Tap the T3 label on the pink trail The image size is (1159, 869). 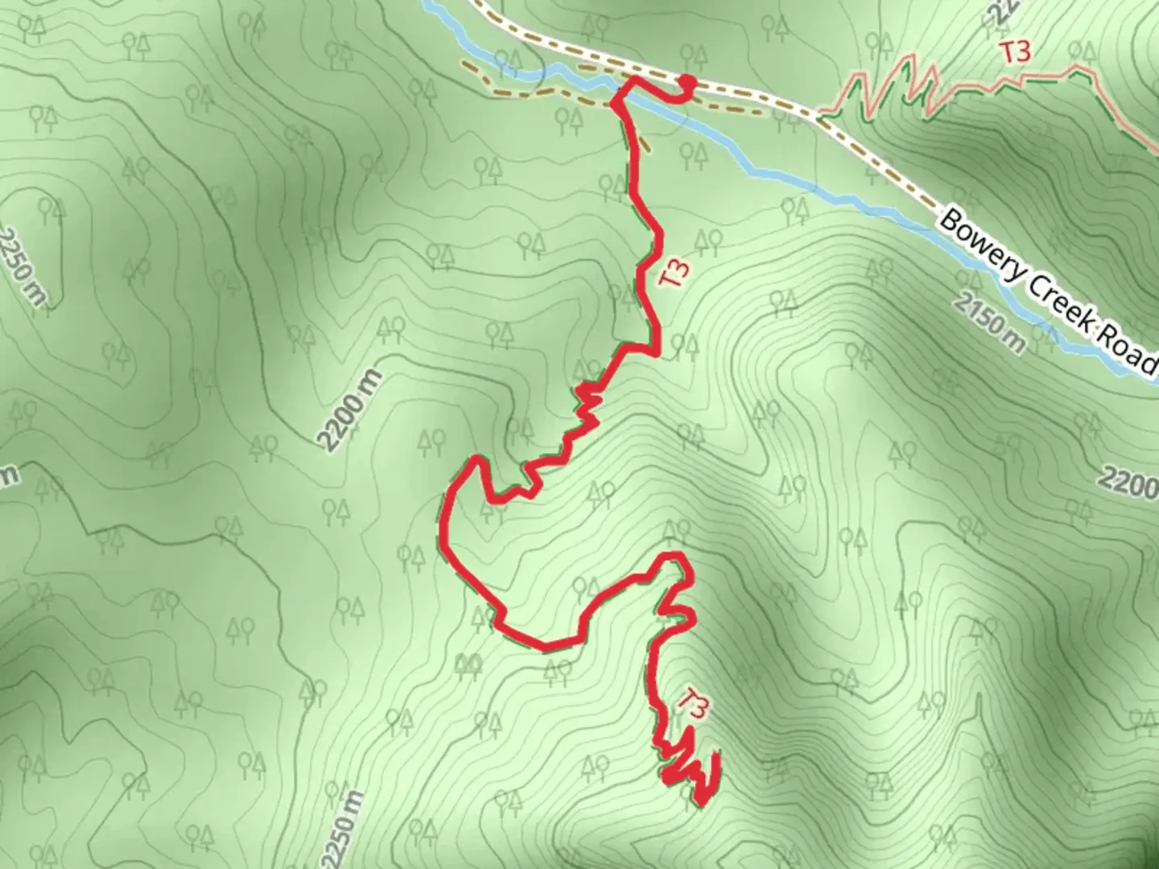click(1015, 52)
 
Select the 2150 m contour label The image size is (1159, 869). click(989, 323)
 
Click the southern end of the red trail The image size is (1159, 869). click(700, 801)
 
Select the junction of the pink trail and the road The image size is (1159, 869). click(818, 117)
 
